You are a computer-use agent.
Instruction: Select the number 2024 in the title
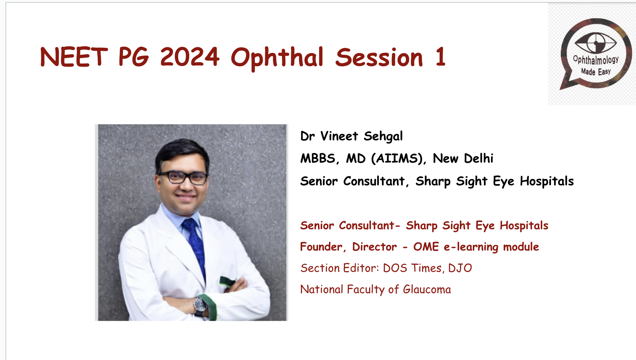click(190, 57)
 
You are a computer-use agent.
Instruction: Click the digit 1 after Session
click(441, 57)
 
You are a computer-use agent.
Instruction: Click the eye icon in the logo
click(596, 43)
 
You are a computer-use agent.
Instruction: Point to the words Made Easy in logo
click(596, 71)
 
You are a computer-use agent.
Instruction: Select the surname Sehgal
click(383, 136)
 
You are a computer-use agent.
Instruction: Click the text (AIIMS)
click(398, 158)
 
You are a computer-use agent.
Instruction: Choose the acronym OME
click(426, 247)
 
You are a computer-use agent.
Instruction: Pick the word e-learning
click(471, 247)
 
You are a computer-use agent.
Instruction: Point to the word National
click(321, 290)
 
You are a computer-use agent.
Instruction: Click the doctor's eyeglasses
click(183, 177)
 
